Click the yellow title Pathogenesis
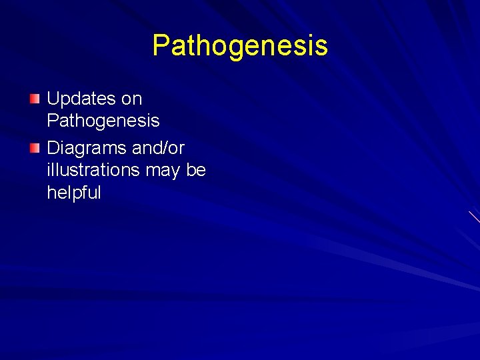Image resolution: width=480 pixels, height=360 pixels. point(240,46)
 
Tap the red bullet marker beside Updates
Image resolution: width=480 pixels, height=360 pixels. point(35,99)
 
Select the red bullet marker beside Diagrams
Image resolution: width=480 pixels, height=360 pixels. point(35,148)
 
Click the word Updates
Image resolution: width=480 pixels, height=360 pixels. point(81,99)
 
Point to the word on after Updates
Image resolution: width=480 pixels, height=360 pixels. point(132,99)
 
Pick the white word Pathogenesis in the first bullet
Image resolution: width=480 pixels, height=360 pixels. point(103,121)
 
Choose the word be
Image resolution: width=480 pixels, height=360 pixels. point(196,170)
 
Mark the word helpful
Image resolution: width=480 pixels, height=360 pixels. point(74,193)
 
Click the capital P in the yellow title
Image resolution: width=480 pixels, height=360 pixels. point(161,46)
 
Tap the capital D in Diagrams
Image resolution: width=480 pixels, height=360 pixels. point(53,147)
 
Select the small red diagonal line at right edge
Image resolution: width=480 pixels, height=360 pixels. point(474,217)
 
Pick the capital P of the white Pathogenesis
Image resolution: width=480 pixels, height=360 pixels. point(53,121)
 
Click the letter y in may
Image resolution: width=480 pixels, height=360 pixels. point(175,173)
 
